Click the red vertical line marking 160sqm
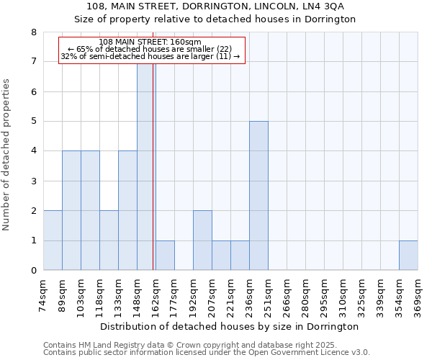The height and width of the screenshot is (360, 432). point(153,166)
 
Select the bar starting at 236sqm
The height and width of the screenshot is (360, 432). point(258,196)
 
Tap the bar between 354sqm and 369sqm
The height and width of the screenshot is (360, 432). point(408,256)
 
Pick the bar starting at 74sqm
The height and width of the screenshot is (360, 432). point(53,240)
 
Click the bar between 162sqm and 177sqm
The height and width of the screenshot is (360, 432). point(165,256)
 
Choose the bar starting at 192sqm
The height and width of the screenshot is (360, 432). point(202,240)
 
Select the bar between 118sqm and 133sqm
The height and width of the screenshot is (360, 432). point(109,240)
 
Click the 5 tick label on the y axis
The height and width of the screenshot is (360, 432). point(33,122)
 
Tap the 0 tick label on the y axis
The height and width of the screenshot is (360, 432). point(33,271)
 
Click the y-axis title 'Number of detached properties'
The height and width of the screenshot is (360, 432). point(7,155)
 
